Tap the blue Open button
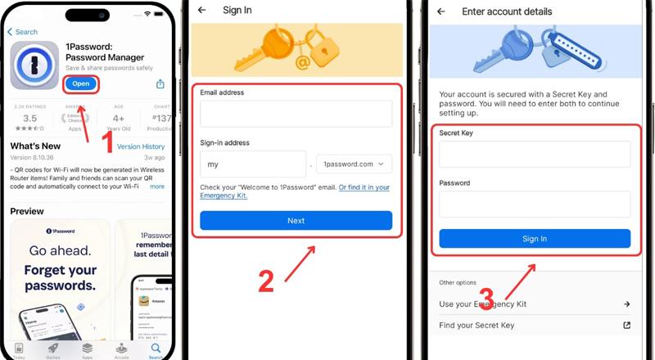(x=80, y=83)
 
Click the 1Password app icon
(x=34, y=65)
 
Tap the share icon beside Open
(x=160, y=84)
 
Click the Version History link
(x=141, y=147)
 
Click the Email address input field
(x=296, y=114)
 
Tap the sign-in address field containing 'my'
(x=252, y=164)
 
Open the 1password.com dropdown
(x=354, y=164)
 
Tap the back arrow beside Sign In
(x=202, y=11)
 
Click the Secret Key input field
(x=535, y=154)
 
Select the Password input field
(x=535, y=204)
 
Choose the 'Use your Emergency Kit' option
(x=535, y=304)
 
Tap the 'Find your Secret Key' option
(x=535, y=326)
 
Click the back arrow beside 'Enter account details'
(x=441, y=11)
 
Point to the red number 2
(x=265, y=281)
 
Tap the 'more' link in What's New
(x=156, y=187)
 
